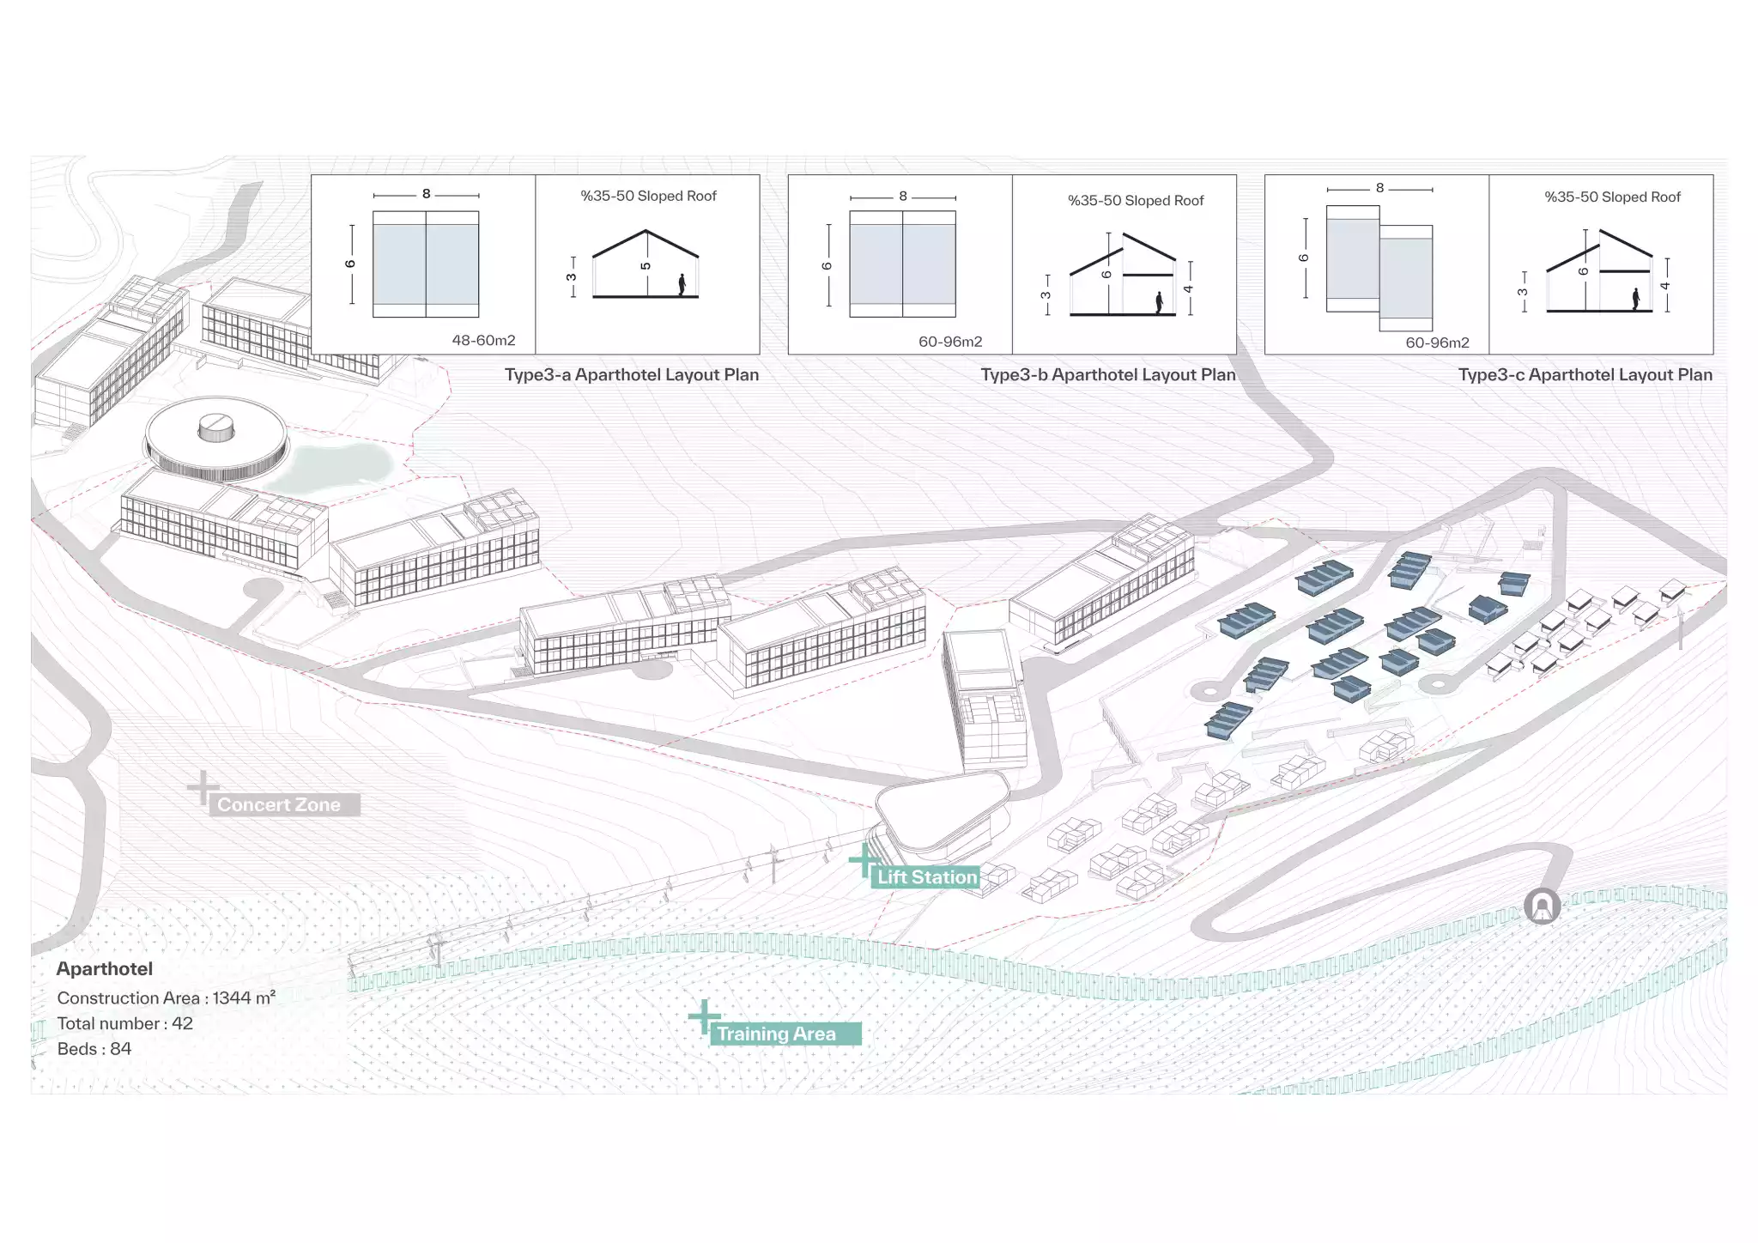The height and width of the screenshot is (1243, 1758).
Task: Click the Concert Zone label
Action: (279, 804)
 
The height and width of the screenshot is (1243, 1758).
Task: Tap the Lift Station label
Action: (927, 876)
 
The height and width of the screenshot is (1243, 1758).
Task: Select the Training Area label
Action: (777, 1034)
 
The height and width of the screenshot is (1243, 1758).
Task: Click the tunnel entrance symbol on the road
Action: (1542, 906)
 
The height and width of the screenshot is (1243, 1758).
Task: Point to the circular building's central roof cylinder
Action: (215, 426)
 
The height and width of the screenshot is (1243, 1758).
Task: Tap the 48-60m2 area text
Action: (483, 340)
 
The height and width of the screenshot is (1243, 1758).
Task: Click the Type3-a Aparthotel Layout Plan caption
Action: (631, 374)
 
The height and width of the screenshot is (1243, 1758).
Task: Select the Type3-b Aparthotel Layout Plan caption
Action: (1107, 374)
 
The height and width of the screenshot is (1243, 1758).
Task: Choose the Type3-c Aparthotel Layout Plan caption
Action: (1585, 374)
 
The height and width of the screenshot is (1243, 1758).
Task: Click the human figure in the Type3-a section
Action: (682, 284)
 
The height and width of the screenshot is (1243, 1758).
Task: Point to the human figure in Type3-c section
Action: (1636, 299)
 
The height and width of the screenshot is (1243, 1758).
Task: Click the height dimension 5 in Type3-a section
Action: (646, 266)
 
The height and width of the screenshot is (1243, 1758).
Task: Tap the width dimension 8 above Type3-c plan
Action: (1379, 188)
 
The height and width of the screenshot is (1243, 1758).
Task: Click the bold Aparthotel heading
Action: (105, 968)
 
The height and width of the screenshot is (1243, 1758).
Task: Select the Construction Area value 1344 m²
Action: (244, 997)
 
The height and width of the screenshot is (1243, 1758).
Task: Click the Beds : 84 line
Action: (94, 1048)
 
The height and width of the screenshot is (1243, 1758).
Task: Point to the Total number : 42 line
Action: (125, 1023)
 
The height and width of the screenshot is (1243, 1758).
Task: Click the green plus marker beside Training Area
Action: (704, 1017)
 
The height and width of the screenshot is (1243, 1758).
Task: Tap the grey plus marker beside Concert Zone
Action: (203, 787)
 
